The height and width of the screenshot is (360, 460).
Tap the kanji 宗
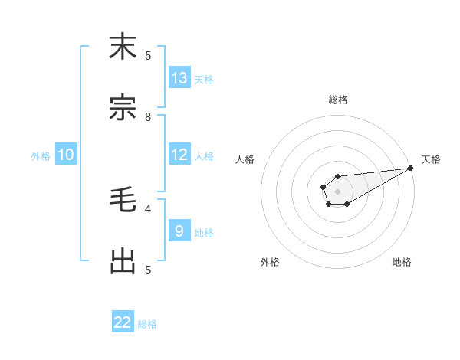pyautogui.click(x=123, y=108)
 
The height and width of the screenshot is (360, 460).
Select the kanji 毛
pyautogui.click(x=123, y=201)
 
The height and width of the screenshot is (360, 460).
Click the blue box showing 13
pyautogui.click(x=179, y=78)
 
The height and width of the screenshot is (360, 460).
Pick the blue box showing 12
pyautogui.click(x=179, y=155)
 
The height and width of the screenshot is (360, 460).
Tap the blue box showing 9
pyautogui.click(x=179, y=231)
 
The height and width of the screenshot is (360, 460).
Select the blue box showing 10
pyautogui.click(x=65, y=155)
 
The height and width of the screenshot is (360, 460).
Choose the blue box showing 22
pyautogui.click(x=123, y=322)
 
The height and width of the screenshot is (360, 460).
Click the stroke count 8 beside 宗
pyautogui.click(x=148, y=117)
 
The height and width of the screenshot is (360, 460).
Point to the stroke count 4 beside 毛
pyautogui.click(x=148, y=208)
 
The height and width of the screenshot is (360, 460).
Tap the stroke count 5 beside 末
pyautogui.click(x=148, y=55)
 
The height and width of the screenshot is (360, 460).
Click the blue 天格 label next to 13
pyautogui.click(x=204, y=79)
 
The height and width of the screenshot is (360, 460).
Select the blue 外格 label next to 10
pyautogui.click(x=41, y=156)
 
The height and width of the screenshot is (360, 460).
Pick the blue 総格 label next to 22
pyautogui.click(x=147, y=324)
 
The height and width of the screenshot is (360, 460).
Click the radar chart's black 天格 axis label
pyautogui.click(x=431, y=159)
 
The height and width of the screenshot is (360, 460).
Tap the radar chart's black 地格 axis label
pyautogui.click(x=402, y=262)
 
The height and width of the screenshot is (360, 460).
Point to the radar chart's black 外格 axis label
pyautogui.click(x=270, y=262)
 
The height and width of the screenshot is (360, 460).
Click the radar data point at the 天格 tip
pyautogui.click(x=410, y=168)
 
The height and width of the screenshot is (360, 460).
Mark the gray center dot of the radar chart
pyautogui.click(x=337, y=190)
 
